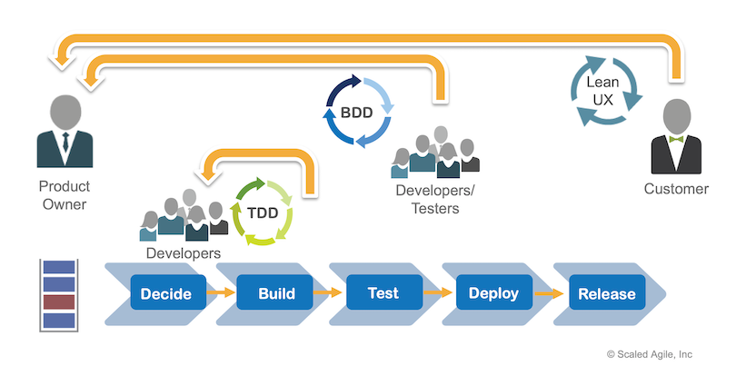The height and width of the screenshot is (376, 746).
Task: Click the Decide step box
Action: coord(165,292)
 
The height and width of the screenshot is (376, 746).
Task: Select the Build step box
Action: coord(274,292)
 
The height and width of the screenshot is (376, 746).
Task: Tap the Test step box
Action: coord(383,292)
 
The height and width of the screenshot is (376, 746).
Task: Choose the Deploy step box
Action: coord(493,292)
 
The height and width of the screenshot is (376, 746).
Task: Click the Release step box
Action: coord(605,292)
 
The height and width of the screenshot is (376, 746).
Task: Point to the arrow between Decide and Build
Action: coord(219,292)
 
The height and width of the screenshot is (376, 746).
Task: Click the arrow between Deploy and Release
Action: coord(549,292)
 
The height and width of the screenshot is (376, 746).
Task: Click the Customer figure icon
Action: coord(676,136)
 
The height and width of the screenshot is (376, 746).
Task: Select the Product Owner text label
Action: coord(64,195)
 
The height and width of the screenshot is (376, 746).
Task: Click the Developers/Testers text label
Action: coord(428,200)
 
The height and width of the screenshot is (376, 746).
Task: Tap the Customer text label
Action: coord(676,189)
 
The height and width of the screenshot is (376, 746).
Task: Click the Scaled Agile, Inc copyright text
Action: coord(650,354)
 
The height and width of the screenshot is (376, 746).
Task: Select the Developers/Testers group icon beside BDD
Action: coord(434,156)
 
